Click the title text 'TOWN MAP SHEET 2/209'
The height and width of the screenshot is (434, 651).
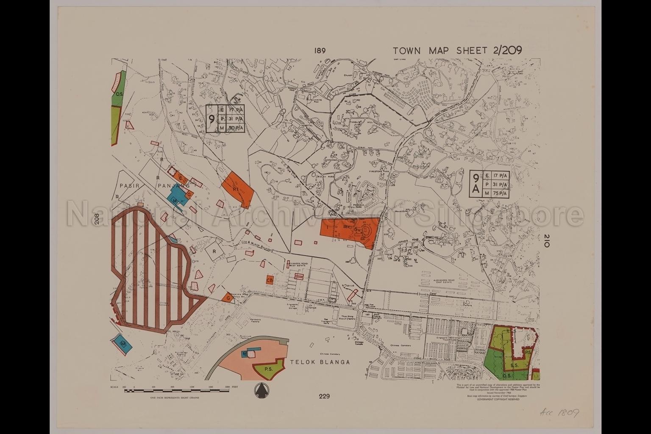point(457,50)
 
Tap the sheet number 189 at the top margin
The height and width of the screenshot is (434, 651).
point(320,51)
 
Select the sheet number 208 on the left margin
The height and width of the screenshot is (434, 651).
point(97,219)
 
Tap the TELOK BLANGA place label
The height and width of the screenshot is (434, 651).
point(320,362)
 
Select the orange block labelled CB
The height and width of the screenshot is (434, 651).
point(269,280)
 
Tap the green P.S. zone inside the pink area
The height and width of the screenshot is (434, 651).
point(268,368)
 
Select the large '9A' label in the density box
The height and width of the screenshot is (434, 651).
point(476,184)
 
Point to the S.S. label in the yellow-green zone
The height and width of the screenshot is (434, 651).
point(515,364)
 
